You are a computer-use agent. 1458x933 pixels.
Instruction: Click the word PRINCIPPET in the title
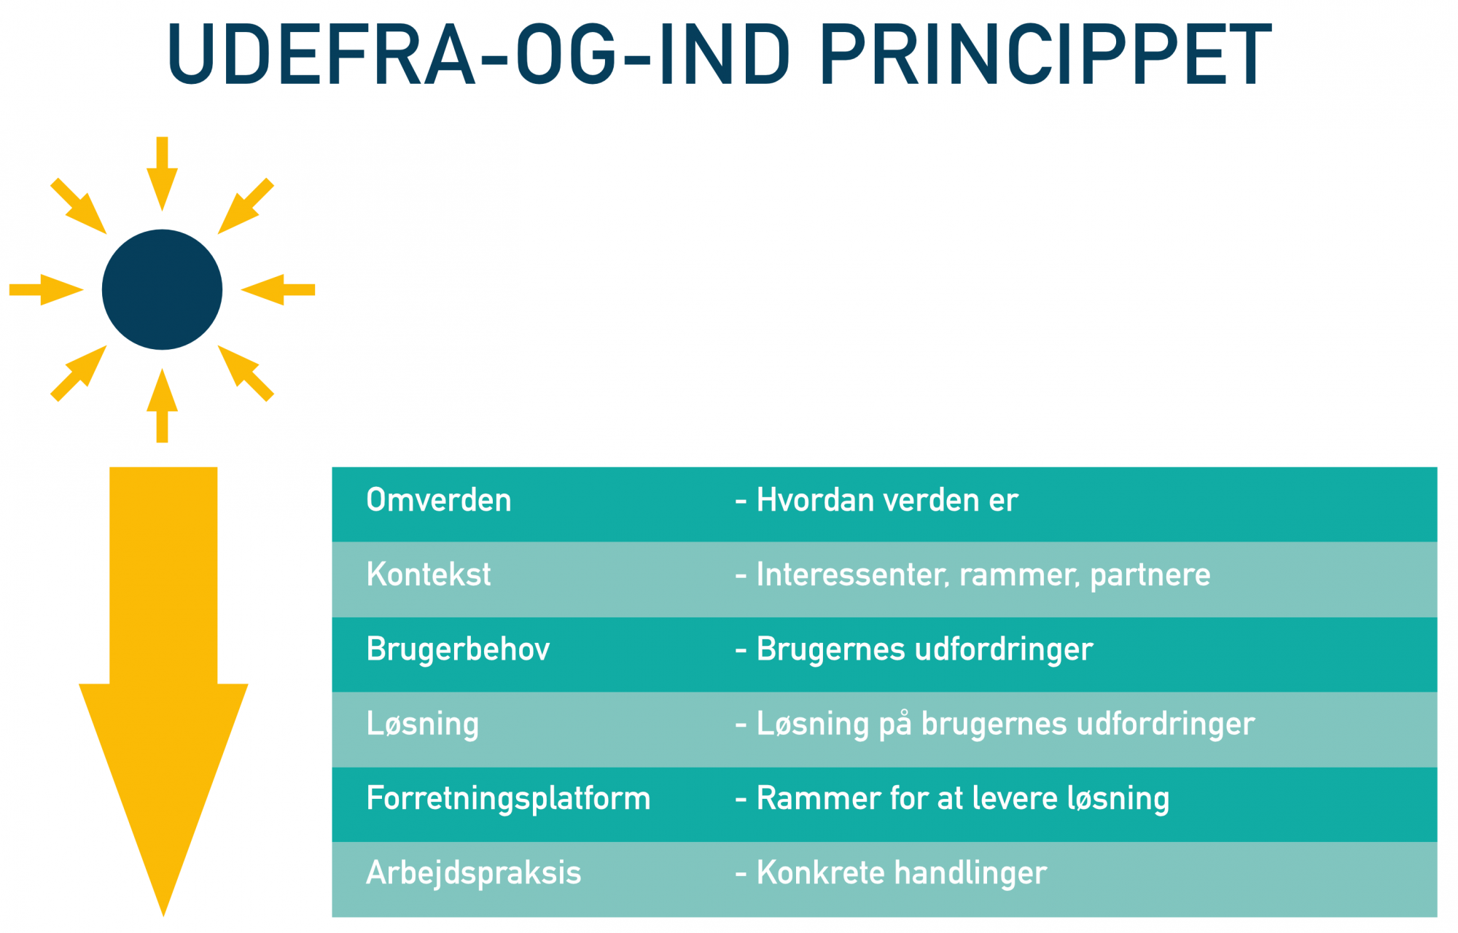coord(1045,55)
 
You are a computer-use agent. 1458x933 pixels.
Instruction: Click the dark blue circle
coord(162,289)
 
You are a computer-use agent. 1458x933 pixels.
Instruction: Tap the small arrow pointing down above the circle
coord(162,174)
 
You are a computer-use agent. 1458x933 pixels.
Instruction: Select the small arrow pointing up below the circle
coord(162,405)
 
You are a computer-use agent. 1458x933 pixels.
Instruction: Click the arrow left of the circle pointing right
coord(46,289)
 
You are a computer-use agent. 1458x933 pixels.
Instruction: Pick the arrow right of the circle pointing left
coord(278,289)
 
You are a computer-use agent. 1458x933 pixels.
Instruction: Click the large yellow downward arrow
coord(163,691)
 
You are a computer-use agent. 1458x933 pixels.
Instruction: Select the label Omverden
coord(439,500)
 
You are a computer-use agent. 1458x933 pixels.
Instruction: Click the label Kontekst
coord(429,574)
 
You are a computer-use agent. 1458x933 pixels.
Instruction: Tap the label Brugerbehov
coord(458,649)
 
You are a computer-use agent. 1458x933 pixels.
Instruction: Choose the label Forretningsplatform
coord(508,798)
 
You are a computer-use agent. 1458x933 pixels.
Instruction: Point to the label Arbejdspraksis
coord(474,873)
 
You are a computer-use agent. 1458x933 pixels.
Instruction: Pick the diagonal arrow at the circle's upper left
coord(79,206)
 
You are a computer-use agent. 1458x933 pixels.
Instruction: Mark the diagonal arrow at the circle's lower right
coord(246,373)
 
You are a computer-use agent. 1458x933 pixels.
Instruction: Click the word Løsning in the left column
coord(423,724)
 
